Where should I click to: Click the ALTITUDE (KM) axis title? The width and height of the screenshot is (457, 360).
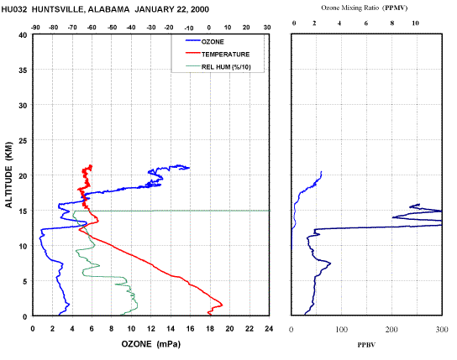coord(9,175)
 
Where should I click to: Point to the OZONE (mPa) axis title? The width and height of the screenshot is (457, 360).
coord(151,344)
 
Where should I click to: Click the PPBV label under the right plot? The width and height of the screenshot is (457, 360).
coord(366,345)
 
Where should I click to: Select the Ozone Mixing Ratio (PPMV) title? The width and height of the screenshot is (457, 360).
coord(365,8)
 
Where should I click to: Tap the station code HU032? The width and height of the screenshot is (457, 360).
coord(14,9)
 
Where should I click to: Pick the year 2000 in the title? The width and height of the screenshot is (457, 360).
coord(200,9)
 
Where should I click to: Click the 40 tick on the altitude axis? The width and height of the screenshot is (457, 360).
coord(23,35)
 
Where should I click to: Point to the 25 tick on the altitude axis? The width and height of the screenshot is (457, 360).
coord(23,141)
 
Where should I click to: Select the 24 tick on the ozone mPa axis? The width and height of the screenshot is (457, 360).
coord(269,329)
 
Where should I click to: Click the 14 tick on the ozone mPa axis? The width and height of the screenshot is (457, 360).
coord(171,329)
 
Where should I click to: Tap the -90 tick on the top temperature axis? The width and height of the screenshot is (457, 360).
coord(35,28)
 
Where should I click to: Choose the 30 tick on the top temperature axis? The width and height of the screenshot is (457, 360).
coord(267,28)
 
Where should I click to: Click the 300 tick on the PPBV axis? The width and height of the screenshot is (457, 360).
coord(442,330)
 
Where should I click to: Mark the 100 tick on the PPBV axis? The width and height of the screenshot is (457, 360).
coord(341,330)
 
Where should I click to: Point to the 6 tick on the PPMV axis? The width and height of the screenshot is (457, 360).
coord(366,23)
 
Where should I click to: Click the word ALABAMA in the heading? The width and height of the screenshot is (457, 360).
coord(108,9)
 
